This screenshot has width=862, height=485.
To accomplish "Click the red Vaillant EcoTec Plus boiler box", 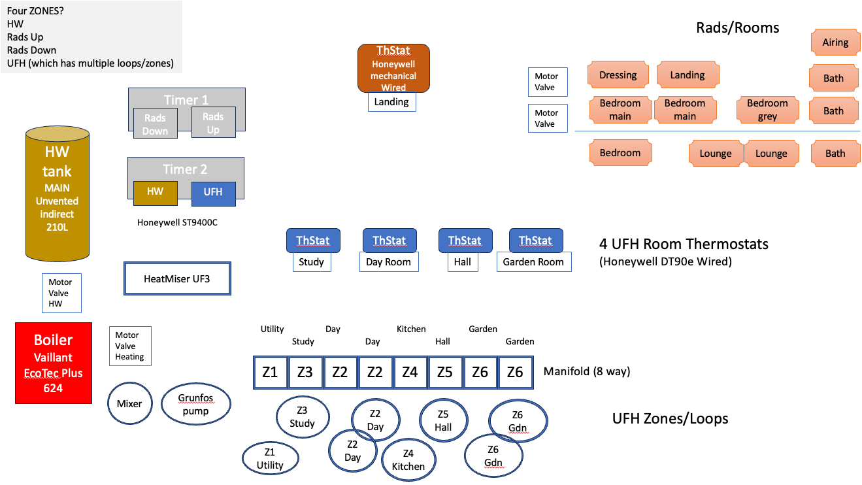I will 54,363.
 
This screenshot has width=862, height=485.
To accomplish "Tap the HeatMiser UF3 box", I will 177,279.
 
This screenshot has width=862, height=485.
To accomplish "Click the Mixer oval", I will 129,403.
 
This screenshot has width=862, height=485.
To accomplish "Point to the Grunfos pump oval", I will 196,405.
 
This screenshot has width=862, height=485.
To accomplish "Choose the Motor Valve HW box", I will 61,293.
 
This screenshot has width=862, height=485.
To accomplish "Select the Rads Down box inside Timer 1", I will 156,124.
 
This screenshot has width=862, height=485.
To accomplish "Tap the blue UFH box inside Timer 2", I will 213,192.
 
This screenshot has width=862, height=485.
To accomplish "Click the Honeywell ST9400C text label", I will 177,222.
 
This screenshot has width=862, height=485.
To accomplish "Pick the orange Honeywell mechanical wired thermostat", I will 393,68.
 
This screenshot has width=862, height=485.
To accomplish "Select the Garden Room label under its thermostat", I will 533,262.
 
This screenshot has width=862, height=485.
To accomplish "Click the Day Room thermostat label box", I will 389,262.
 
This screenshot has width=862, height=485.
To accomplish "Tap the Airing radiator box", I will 835,42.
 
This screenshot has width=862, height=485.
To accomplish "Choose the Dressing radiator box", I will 618,75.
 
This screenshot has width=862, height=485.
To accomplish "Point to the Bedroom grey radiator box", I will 768,110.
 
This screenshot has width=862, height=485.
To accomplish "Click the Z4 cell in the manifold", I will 410,373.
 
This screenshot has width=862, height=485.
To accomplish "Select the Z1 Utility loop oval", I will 270,458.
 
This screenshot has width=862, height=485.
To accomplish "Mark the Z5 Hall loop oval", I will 443,421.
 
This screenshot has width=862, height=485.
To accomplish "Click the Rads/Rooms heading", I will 738,27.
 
